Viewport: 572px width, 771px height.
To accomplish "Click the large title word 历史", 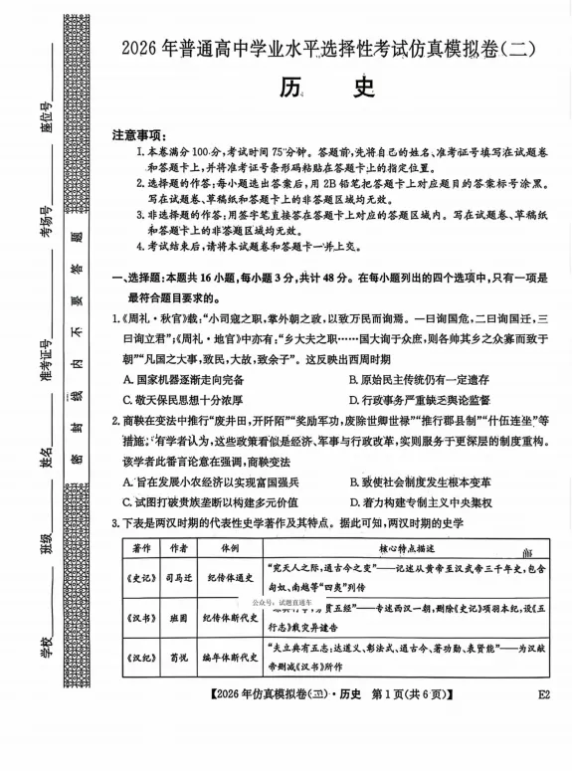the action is coord(327,90).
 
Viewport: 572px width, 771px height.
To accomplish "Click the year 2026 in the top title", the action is coord(140,47).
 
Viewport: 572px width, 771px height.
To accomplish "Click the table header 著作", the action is coord(141,549).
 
